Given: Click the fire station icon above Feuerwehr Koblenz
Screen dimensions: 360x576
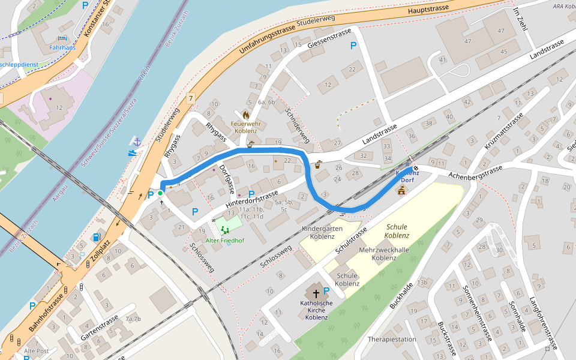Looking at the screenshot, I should [x=245, y=114].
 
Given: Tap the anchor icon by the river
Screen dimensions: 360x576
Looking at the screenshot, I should [x=137, y=142].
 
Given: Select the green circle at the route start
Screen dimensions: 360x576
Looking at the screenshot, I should [x=160, y=193].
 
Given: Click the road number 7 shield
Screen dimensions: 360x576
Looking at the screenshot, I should [x=191, y=98].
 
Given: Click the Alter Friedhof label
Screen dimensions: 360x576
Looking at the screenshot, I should [x=225, y=241].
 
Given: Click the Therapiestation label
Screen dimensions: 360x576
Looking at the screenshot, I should [x=392, y=340].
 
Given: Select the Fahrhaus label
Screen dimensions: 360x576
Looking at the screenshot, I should [x=62, y=47].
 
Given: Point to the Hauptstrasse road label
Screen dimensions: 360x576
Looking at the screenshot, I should [x=428, y=10].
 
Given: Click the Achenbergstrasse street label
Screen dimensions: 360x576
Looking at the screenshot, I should [x=475, y=172].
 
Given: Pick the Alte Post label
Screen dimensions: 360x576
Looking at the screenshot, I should [x=36, y=351].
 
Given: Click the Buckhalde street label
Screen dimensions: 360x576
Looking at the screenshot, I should [x=400, y=295].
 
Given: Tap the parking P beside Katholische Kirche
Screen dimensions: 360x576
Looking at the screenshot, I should [x=326, y=291].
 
